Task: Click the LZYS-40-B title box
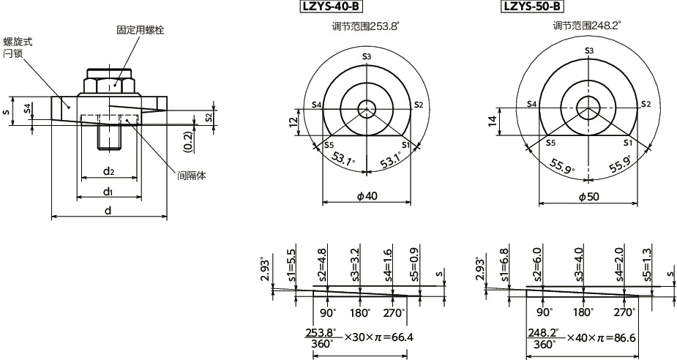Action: (332, 7)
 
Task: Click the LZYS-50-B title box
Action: (532, 7)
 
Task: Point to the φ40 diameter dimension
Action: (366, 197)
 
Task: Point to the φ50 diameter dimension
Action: (589, 197)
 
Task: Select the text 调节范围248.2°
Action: (587, 26)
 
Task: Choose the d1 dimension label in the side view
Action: (108, 192)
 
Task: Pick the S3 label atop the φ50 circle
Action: (588, 50)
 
